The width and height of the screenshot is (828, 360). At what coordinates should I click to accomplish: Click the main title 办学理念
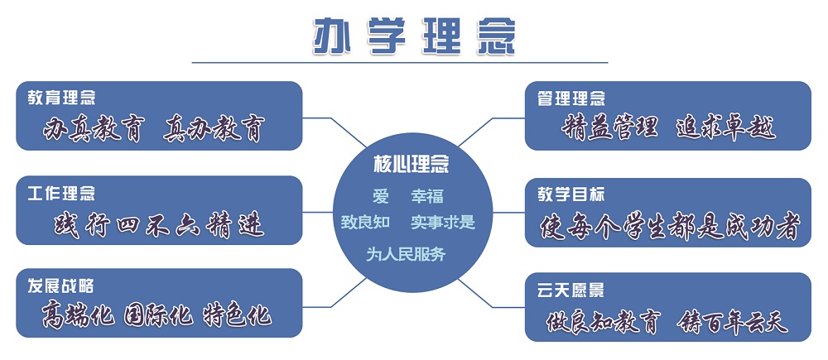tap(414, 36)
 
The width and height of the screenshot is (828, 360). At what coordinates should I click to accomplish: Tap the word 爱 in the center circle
tap(381, 196)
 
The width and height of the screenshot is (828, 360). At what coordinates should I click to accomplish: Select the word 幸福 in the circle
tap(427, 196)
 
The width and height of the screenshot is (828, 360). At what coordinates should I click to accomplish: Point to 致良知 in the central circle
tap(365, 223)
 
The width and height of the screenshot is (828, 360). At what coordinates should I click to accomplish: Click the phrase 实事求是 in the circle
tap(443, 223)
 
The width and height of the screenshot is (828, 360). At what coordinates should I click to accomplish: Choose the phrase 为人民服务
tap(406, 254)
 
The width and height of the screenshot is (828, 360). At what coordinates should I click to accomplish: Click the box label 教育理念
tap(62, 98)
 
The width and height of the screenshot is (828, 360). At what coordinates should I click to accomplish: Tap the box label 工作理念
tap(62, 193)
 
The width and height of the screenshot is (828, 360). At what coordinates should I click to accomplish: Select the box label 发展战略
tap(61, 286)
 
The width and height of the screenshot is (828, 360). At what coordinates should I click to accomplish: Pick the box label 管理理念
tap(570, 98)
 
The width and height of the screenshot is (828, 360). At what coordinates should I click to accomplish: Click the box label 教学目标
tap(570, 194)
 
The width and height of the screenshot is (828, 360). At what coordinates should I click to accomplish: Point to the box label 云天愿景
tap(570, 290)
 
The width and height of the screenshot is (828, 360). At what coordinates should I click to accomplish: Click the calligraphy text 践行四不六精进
tap(159, 225)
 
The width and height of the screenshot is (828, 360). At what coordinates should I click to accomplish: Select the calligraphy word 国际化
tap(158, 315)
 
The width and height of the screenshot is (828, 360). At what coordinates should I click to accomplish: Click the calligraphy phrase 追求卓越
tap(726, 128)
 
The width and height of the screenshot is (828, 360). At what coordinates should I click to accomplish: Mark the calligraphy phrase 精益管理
tap(610, 128)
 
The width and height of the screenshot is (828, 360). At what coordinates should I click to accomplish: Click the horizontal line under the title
tap(400, 62)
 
